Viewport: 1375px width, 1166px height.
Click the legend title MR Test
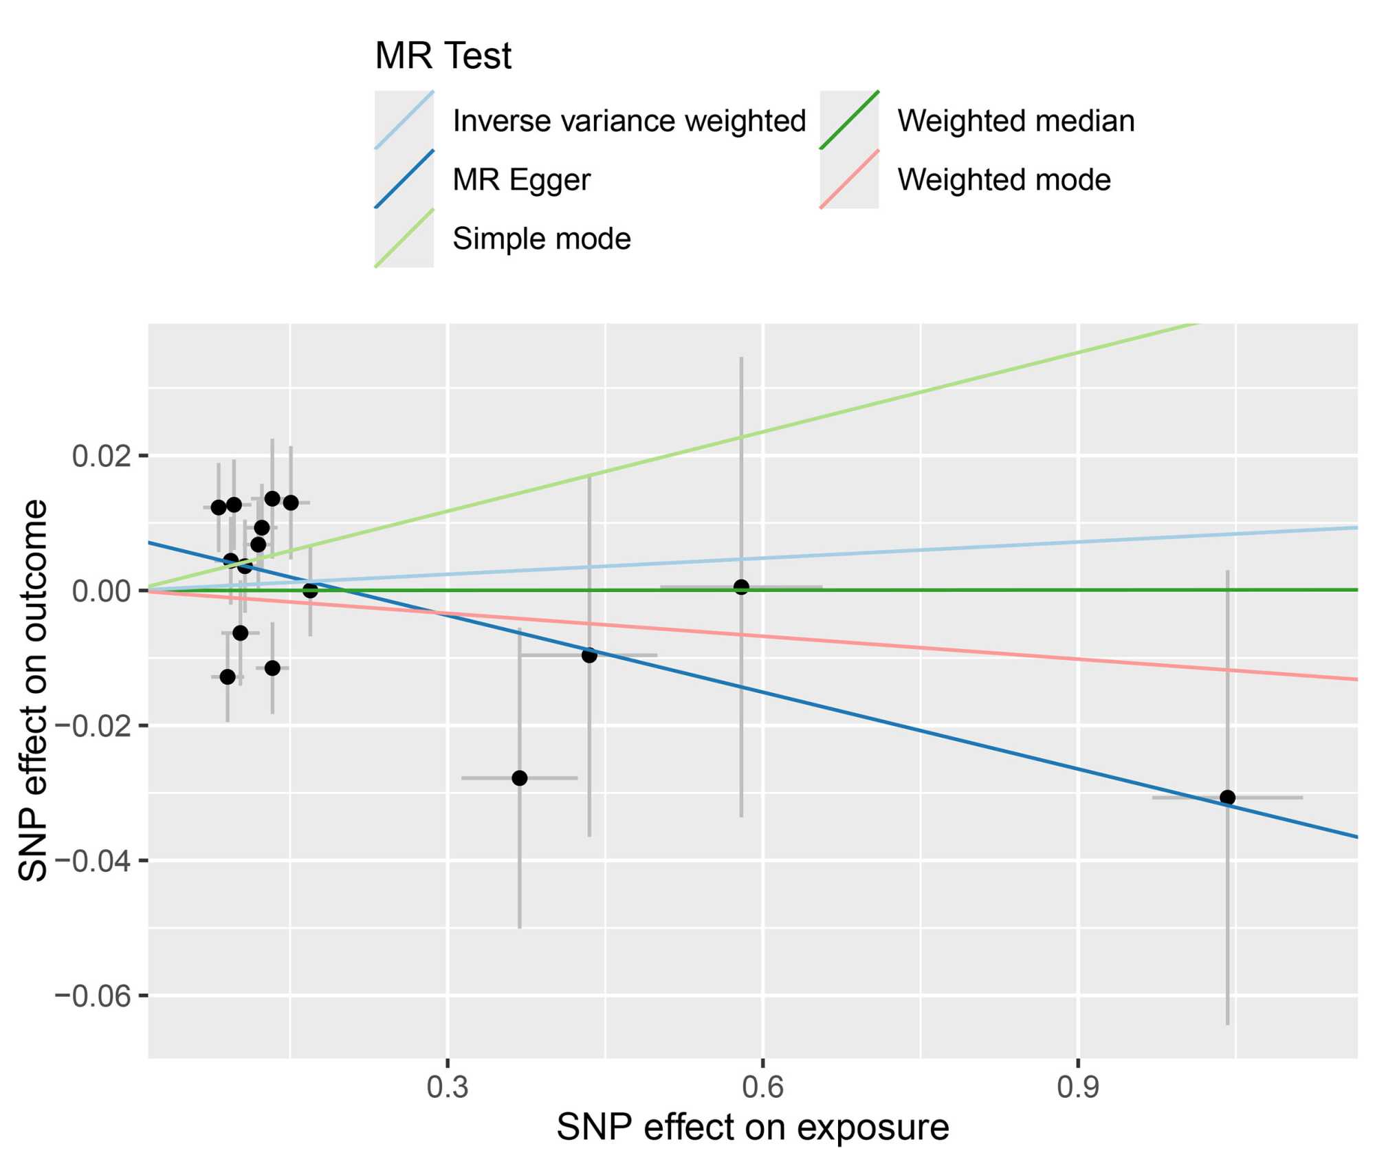[x=443, y=56]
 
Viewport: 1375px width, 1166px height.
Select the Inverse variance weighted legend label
[x=628, y=121]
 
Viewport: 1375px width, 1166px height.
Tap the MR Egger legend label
[x=521, y=180]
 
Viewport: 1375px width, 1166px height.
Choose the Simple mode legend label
[x=541, y=239]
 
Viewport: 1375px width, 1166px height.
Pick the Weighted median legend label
[x=1015, y=121]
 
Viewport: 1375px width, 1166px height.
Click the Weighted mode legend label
[x=1004, y=180]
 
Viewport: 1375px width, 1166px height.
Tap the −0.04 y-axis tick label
[x=96, y=861]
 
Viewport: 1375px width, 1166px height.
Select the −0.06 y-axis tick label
[x=96, y=995]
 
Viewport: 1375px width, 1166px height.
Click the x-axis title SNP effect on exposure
[x=753, y=1128]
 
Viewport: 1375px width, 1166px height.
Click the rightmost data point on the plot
[x=1227, y=797]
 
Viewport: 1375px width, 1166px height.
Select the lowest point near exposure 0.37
[x=520, y=778]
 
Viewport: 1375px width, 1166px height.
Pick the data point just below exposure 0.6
[x=741, y=587]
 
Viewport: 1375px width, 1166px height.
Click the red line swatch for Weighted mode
[x=850, y=179]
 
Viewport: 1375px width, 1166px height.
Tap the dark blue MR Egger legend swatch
[x=404, y=179]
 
